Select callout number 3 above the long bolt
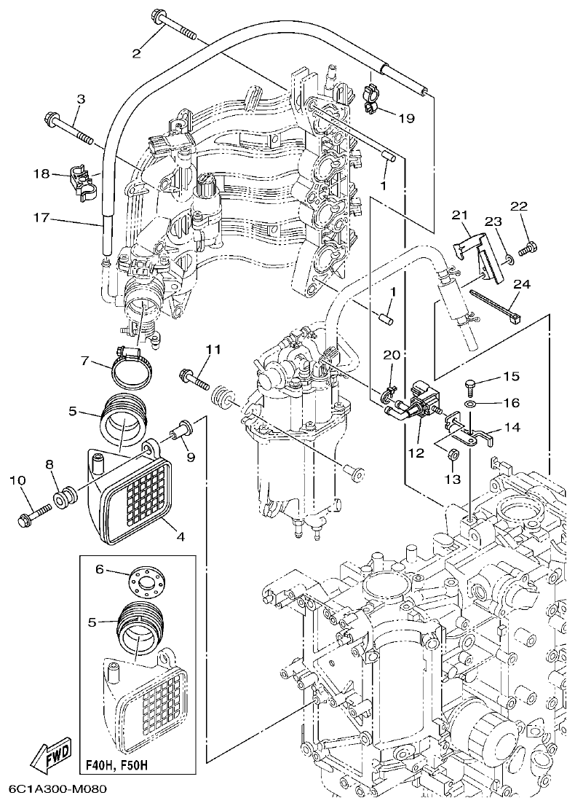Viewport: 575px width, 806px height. click(x=81, y=99)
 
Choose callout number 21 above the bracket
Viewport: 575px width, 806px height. click(x=458, y=214)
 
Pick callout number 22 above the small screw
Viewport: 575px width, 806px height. click(x=517, y=207)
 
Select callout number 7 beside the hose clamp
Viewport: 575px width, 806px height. click(x=84, y=361)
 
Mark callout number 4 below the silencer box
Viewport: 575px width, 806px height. click(x=180, y=537)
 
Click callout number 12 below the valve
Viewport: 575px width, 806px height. click(x=416, y=453)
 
